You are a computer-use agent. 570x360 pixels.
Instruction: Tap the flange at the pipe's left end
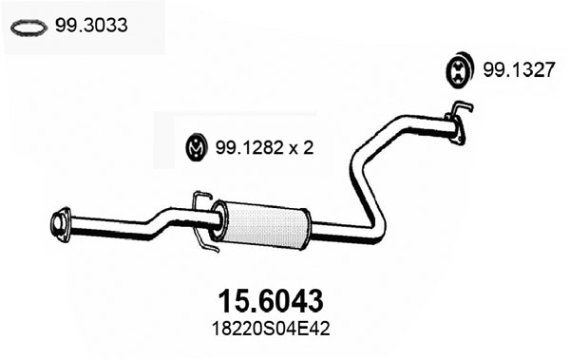[x=59, y=223]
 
